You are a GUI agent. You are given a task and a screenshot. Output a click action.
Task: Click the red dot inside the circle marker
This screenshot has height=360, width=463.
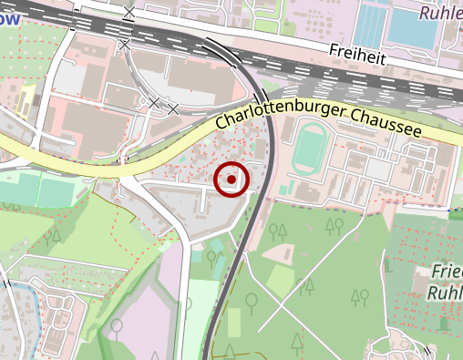coord(231,180)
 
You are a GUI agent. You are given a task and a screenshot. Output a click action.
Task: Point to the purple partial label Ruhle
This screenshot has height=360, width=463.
coord(440,14)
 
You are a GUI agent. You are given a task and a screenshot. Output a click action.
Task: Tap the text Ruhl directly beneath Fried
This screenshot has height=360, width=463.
coord(444,293)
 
